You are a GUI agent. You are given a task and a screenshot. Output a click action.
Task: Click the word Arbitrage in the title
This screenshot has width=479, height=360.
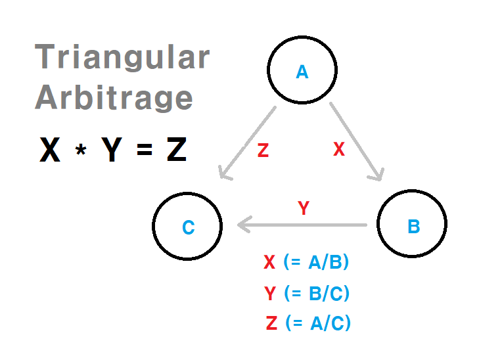pos(114,97)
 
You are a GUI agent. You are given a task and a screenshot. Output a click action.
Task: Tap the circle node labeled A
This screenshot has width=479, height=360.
pos(302,71)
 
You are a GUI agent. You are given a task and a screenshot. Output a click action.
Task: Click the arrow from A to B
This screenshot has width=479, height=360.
pos(356,141)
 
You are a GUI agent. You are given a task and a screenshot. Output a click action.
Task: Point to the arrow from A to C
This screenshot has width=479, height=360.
pos(248,142)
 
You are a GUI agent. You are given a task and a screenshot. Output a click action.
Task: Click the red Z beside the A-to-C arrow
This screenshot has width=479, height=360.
pos(263,151)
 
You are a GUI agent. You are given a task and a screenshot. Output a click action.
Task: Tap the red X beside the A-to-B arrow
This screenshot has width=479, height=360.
pos(338,150)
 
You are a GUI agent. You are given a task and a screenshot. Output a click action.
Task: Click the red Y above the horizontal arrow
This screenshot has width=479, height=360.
pos(303,209)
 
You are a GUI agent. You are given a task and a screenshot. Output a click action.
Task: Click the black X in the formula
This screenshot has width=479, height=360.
pos(51,150)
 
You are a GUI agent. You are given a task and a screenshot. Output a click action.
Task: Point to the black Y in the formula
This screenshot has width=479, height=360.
pos(112,150)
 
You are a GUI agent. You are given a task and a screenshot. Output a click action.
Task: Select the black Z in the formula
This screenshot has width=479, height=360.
pos(176,150)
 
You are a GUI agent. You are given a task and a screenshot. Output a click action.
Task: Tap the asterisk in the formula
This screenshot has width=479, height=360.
pos(81,152)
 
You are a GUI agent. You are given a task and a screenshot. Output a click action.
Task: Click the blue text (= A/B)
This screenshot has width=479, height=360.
pos(316,262)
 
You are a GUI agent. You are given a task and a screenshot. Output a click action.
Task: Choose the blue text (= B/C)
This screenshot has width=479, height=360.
pos(317,293)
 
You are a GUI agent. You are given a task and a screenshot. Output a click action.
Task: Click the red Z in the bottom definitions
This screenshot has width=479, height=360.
pos(271,323)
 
